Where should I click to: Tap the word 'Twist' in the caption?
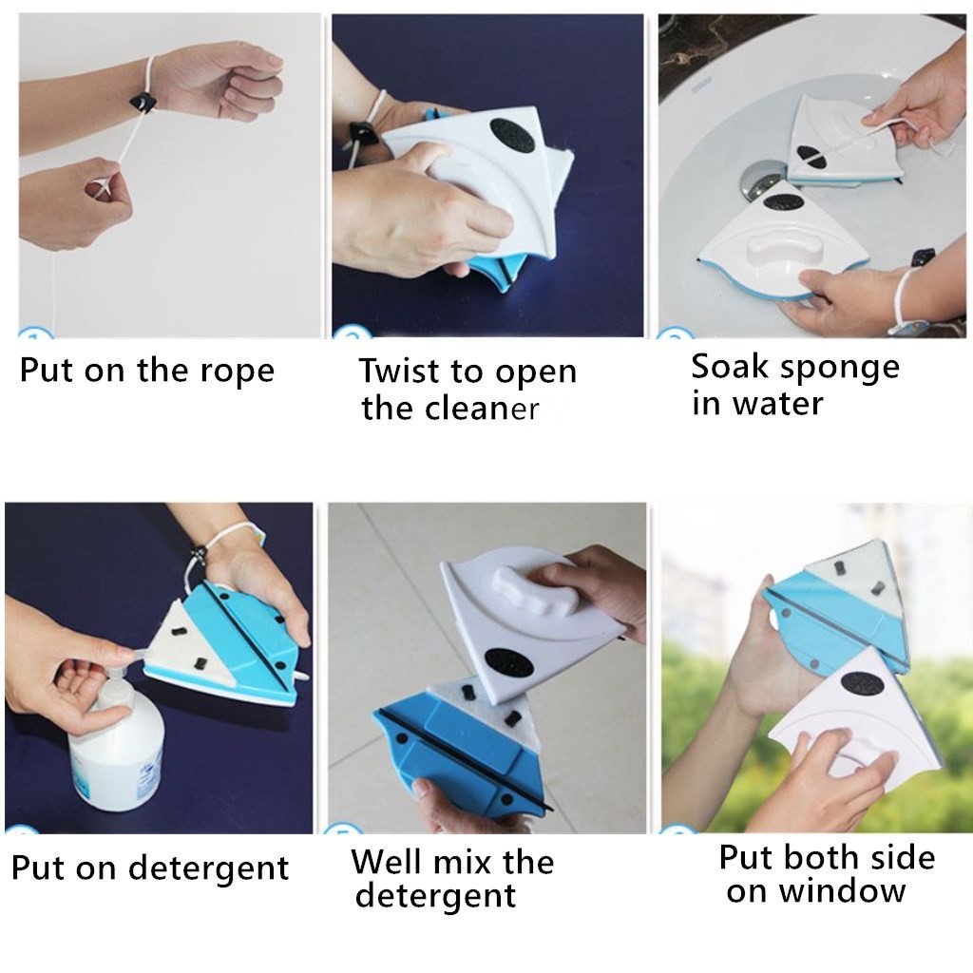(398, 371)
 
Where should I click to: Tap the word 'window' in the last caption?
(842, 891)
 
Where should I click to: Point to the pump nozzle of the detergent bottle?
(135, 651)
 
